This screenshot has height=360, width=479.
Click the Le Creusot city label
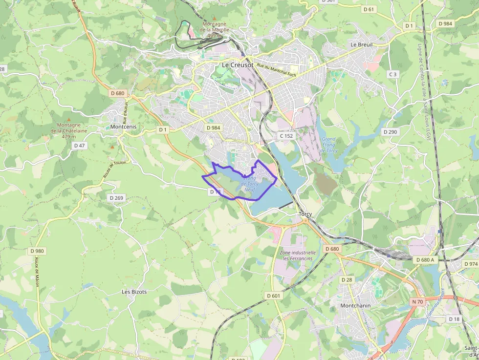(238, 64)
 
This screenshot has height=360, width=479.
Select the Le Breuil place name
(362, 44)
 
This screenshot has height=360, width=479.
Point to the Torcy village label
(305, 214)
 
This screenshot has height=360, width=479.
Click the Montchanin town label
(355, 305)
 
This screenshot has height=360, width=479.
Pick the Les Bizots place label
(134, 292)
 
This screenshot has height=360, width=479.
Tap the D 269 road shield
(116, 198)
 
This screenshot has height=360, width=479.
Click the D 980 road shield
(37, 251)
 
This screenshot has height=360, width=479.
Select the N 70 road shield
(417, 302)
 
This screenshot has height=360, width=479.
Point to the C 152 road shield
(286, 136)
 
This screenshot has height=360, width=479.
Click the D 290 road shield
(390, 132)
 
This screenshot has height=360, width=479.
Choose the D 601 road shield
(274, 296)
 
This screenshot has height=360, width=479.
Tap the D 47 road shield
(80, 146)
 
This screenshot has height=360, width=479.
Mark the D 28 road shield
(347, 279)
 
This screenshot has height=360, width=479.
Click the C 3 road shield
(392, 74)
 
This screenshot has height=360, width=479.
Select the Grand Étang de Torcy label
(329, 145)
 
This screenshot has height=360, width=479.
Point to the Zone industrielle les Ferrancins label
(297, 255)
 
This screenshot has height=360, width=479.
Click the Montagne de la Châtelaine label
(68, 130)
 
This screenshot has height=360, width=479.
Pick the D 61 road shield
(369, 9)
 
